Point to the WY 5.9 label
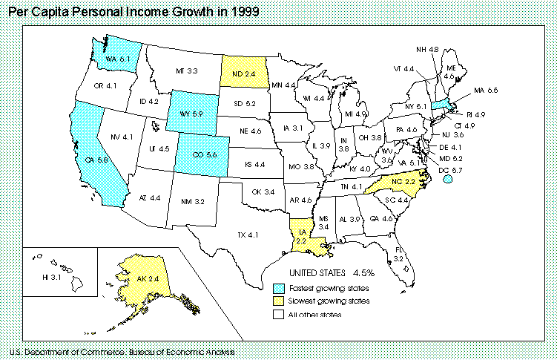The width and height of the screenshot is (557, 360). (192, 114)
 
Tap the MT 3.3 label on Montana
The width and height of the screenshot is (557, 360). (186, 71)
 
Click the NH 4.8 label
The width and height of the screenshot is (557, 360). (427, 50)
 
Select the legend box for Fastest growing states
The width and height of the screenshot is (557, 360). (279, 287)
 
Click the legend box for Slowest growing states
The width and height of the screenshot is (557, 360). (279, 301)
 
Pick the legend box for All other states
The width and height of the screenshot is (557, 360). (279, 315)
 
